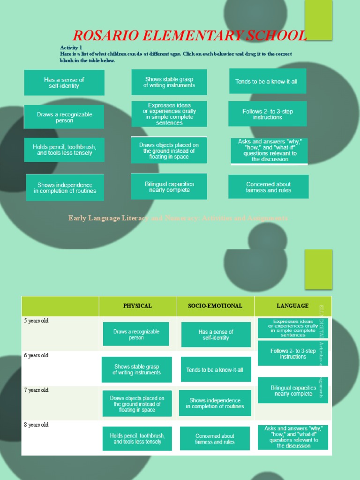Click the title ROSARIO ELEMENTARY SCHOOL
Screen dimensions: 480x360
click(190, 36)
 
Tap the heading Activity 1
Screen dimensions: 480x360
click(71, 48)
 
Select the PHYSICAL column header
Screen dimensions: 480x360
click(137, 306)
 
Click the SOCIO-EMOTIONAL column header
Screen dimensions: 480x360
click(215, 306)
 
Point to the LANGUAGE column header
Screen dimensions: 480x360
click(292, 306)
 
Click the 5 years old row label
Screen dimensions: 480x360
click(37, 321)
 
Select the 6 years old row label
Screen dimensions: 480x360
click(37, 356)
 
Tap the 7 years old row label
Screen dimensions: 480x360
click(37, 390)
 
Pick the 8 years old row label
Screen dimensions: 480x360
click(37, 425)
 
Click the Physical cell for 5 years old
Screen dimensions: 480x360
click(136, 334)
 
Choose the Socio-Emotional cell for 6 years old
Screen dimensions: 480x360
click(215, 370)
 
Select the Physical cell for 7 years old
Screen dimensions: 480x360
click(137, 404)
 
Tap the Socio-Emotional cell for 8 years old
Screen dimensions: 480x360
click(215, 439)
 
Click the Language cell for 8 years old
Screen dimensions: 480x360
click(293, 437)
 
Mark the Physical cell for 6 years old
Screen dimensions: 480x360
click(136, 369)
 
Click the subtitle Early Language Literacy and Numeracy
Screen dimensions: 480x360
click(178, 218)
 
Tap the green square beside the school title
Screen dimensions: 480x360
click(318, 20)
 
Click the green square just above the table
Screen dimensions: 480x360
click(318, 269)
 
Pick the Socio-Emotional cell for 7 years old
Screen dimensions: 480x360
click(215, 403)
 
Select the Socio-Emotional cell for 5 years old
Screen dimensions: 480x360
click(216, 335)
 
